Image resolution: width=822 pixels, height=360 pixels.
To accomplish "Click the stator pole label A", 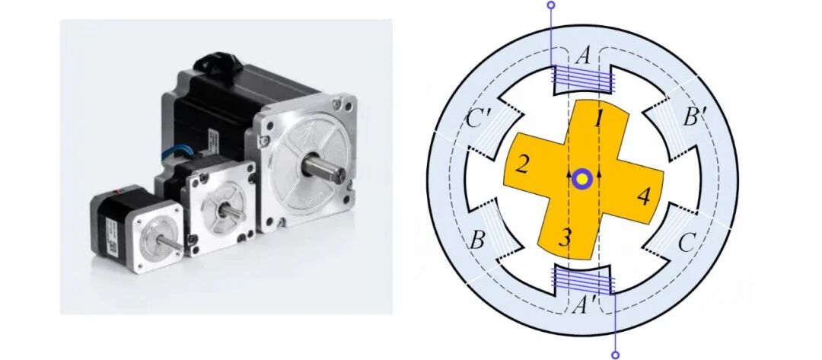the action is [x=583, y=56].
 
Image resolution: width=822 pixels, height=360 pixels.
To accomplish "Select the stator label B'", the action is [x=695, y=119].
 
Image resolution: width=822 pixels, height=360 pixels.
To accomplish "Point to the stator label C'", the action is [x=478, y=120].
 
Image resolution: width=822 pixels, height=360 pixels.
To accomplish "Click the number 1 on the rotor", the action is [x=599, y=120].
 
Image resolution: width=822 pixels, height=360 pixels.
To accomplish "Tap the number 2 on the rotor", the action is [x=521, y=165].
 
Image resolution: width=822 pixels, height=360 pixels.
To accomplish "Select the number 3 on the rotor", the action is [x=564, y=237].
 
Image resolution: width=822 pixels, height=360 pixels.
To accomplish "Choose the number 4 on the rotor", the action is [x=644, y=197].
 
